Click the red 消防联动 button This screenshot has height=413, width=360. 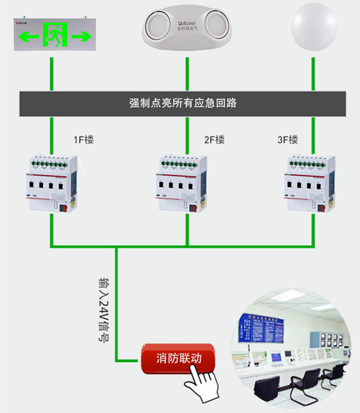click(178, 358)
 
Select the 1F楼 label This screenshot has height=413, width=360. click(83, 140)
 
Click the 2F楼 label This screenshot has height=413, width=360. click(214, 140)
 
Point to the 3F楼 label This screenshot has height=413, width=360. click(288, 140)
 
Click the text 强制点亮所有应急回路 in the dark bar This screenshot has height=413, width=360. click(183, 103)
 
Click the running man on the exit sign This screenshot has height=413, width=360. click(54, 35)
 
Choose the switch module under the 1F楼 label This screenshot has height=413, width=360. click(52, 184)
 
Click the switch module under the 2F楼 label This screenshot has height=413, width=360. click(183, 184)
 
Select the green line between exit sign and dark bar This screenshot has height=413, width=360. click(51, 74)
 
